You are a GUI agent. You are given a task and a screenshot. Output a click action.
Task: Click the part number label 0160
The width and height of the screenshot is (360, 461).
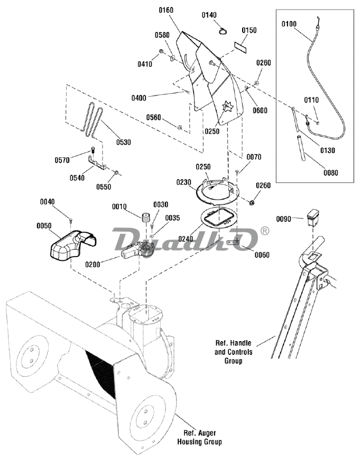[x=166, y=10]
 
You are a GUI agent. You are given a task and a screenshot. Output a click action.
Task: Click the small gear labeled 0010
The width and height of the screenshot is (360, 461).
[x=146, y=219]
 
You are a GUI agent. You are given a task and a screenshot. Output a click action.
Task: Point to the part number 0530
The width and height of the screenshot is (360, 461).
[x=123, y=142]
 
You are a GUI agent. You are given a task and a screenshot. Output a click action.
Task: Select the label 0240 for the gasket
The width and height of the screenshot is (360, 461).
[x=186, y=238]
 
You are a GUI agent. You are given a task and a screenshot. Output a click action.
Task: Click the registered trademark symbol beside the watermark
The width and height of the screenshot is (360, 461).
[x=265, y=230]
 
